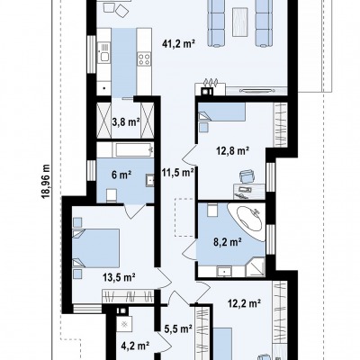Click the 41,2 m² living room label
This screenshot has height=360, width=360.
[x=179, y=44]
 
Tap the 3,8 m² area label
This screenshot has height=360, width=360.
[x=126, y=122]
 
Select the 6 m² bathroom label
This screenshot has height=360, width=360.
[x=121, y=175]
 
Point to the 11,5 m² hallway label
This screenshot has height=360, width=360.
[x=178, y=173]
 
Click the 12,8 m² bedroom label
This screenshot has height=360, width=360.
[x=233, y=150]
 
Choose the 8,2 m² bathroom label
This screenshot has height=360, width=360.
[x=228, y=242]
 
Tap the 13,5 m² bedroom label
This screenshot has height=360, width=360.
[x=119, y=277]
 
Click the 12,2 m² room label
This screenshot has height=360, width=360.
[x=243, y=303]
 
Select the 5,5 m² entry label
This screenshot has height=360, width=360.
[x=178, y=328]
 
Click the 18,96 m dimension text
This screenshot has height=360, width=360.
[x=46, y=181]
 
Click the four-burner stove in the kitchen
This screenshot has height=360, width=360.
[x=144, y=58]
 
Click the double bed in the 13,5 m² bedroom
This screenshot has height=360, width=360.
[x=96, y=248]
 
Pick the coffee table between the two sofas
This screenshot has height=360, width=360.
[x=240, y=22]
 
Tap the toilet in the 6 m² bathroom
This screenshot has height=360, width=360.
[x=112, y=195]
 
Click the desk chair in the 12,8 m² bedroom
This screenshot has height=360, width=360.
[x=247, y=176]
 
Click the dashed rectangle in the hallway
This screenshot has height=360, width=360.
[x=184, y=218]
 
